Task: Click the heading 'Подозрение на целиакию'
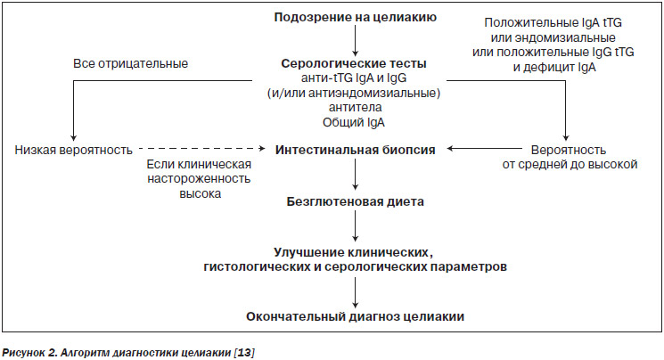[356, 17]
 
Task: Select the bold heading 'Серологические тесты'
[354, 63]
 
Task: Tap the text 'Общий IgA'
[354, 122]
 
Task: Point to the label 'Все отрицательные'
[130, 63]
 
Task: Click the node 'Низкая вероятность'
[74, 150]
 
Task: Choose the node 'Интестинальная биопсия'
[356, 150]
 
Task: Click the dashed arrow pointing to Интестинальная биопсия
[202, 149]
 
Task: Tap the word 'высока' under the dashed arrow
[201, 193]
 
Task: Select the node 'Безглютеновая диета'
[356, 201]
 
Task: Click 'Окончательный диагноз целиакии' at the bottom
[356, 317]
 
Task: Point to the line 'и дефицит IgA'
[554, 68]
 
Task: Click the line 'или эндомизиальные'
[553, 37]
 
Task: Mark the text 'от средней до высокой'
[570, 164]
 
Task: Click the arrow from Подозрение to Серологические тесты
[356, 41]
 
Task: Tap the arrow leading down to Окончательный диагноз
[356, 292]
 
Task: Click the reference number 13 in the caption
[244, 352]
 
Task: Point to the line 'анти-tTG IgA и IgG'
[354, 78]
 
